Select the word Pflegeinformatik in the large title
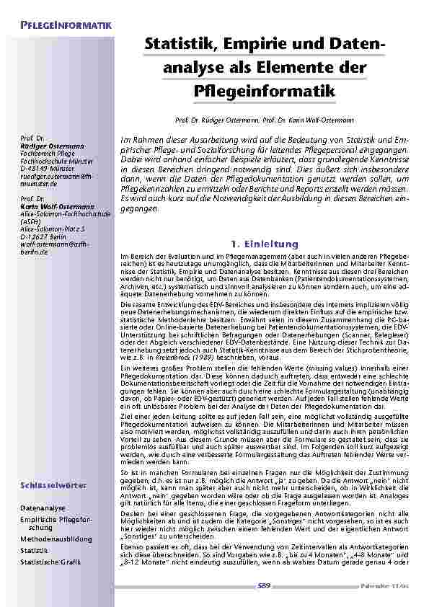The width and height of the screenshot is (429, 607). tap(265, 92)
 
